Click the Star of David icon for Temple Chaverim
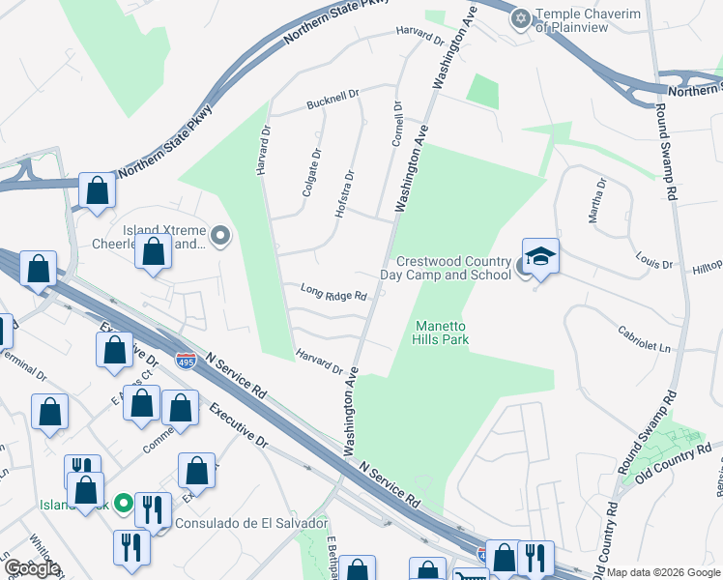(522, 17)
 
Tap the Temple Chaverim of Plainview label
(584, 20)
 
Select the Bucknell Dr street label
(333, 99)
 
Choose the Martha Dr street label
(596, 198)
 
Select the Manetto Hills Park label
(442, 333)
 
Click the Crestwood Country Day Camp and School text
(453, 269)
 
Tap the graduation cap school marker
(540, 256)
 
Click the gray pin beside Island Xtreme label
(221, 234)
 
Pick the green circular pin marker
(124, 503)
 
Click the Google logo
(32, 568)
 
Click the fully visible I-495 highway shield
(187, 361)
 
